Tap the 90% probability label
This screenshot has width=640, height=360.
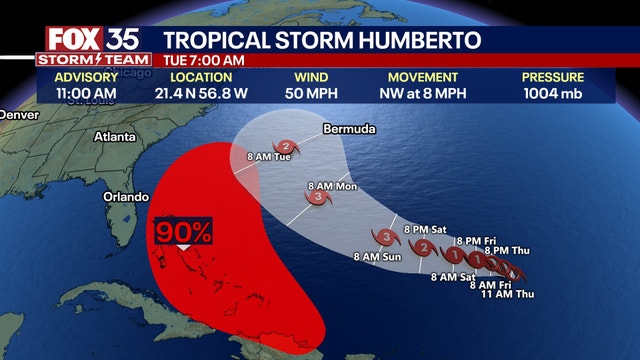coord(182,233)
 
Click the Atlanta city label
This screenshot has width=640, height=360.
coord(117,136)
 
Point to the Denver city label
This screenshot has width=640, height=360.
coord(18,115)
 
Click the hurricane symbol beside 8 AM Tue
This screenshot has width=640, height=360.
coord(288,146)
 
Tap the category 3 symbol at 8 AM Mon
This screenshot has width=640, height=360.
coord(319,198)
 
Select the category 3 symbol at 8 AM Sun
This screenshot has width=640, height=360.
coord(385,236)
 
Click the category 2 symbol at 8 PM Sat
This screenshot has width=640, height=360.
coord(423,248)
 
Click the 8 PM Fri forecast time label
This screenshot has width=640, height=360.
coord(475,241)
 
